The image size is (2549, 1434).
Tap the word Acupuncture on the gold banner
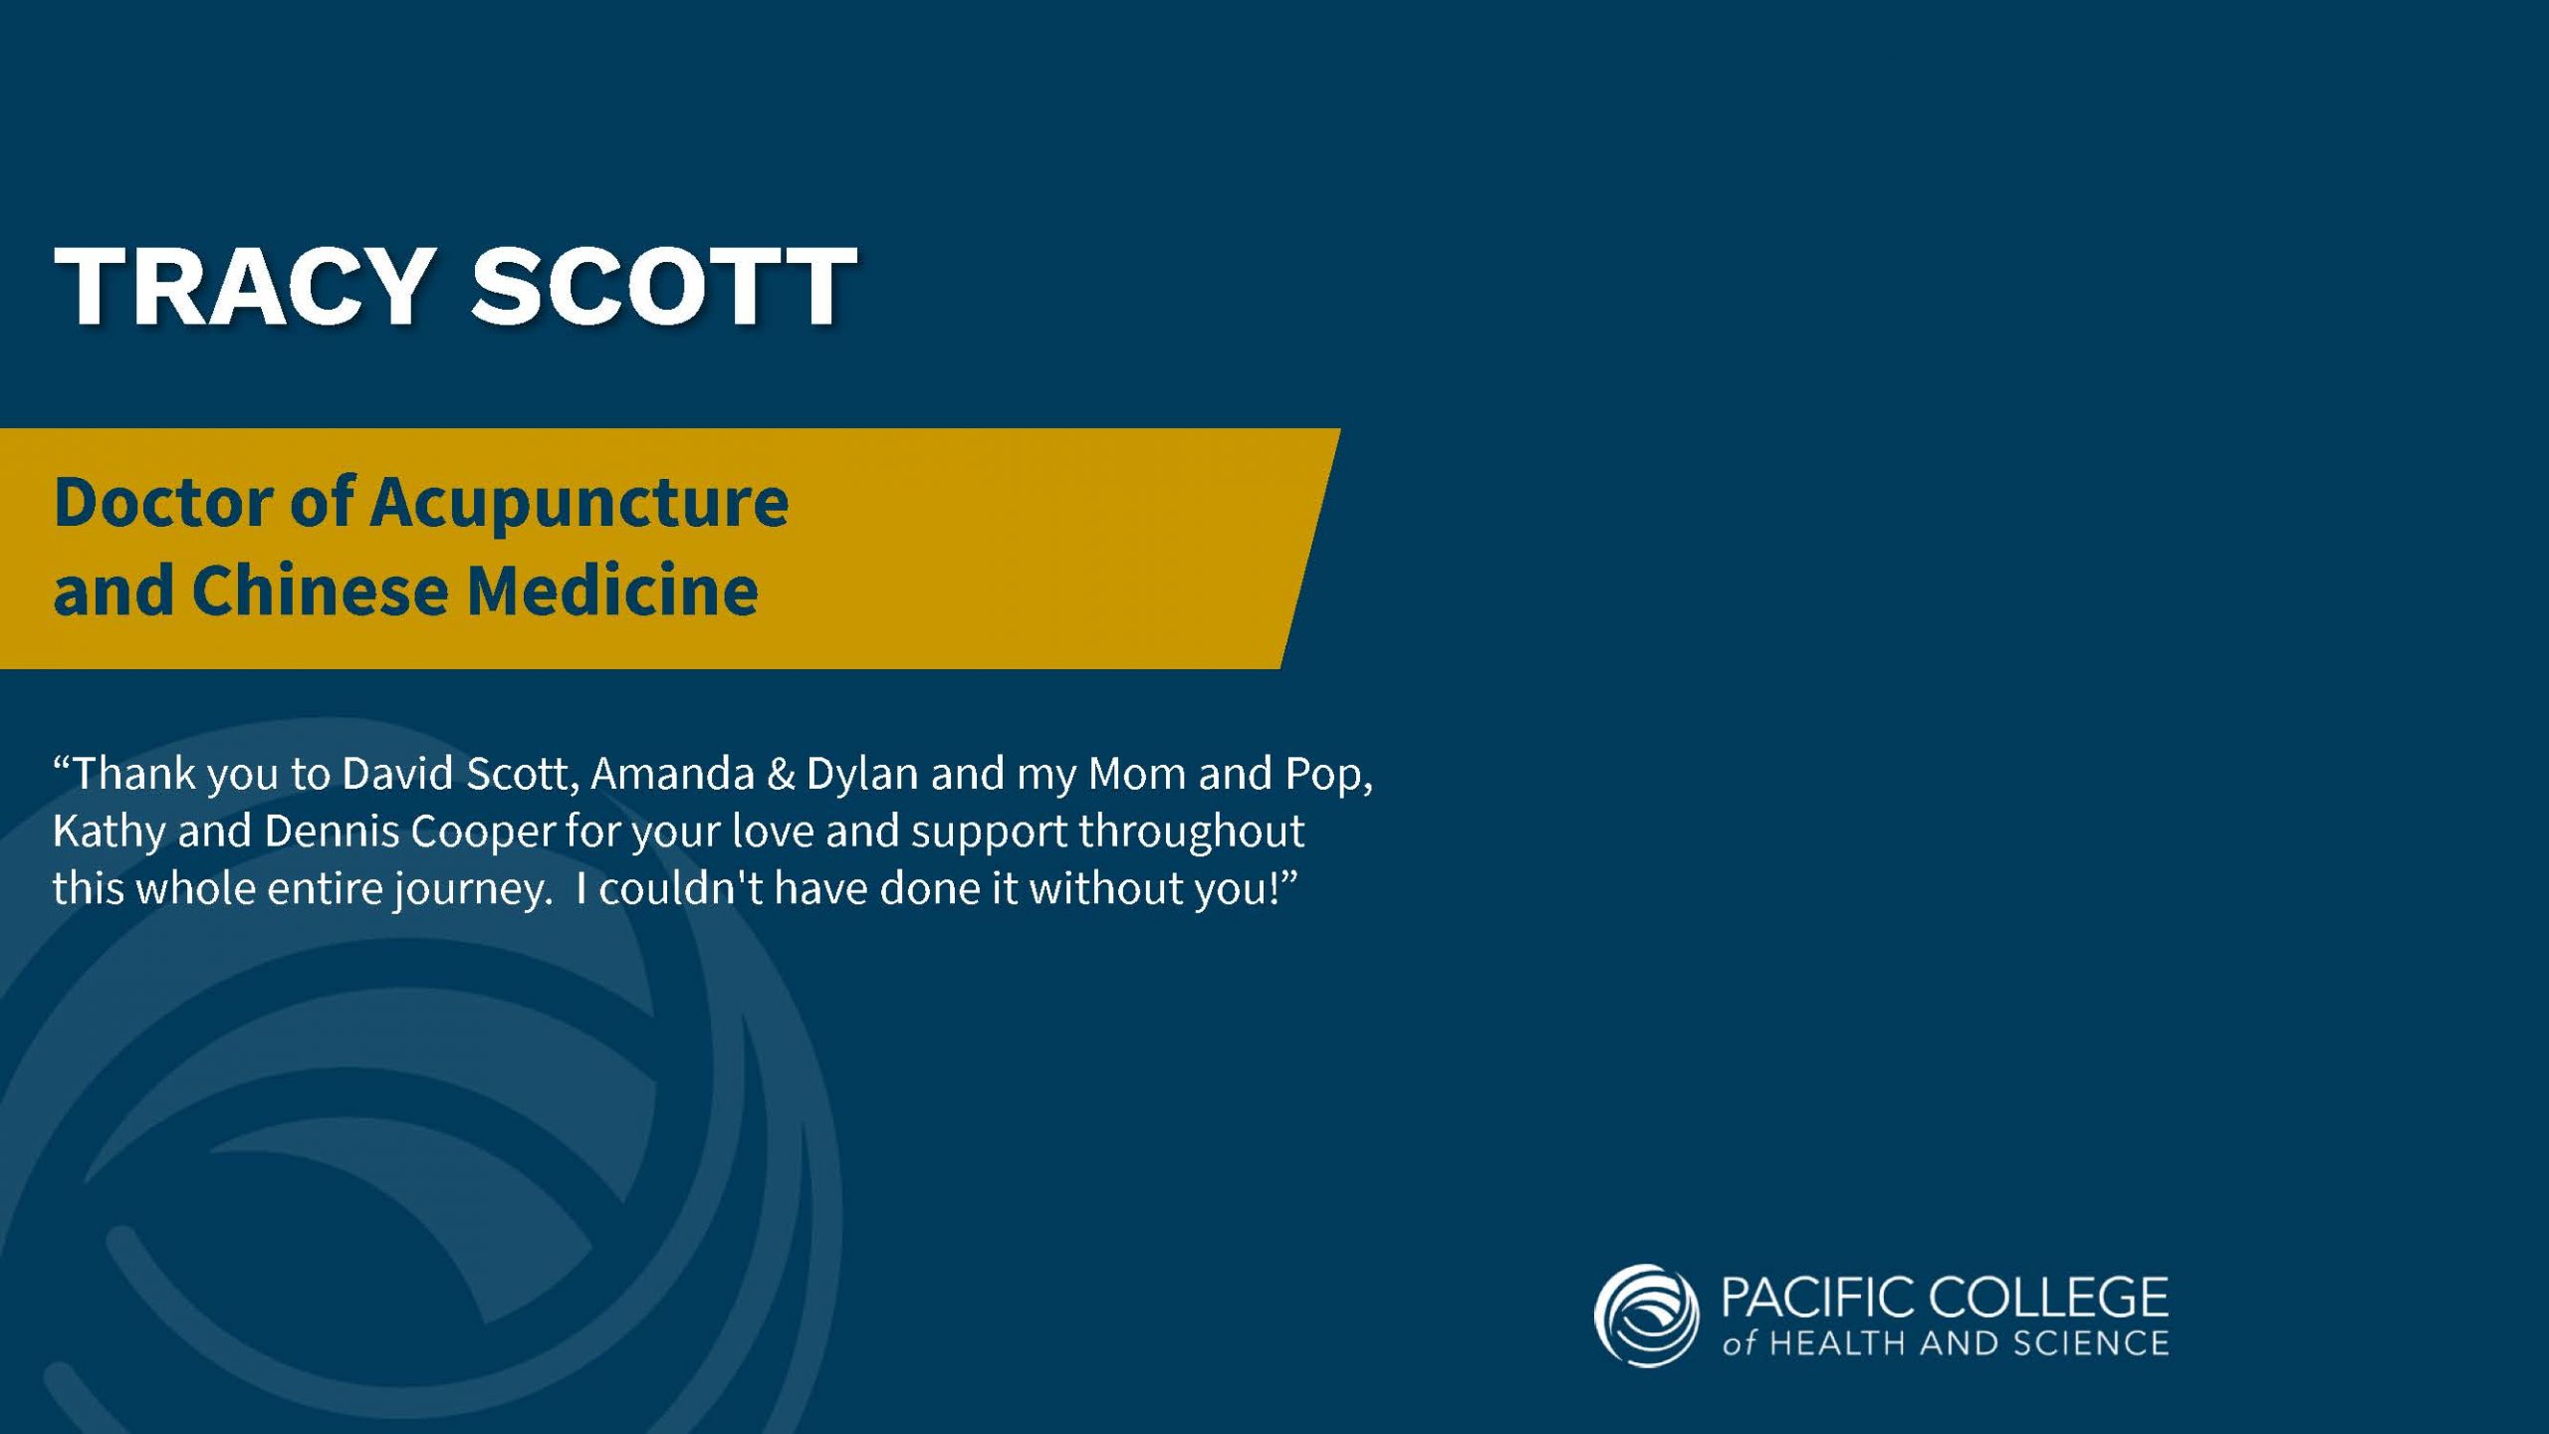579,504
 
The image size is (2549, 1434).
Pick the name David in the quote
397,774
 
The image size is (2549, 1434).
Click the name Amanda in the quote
672,774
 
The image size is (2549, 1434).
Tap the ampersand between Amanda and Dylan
781,775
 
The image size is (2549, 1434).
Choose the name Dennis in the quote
331,831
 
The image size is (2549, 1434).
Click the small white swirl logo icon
1646,1315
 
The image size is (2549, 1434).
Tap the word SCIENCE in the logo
2091,1343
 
